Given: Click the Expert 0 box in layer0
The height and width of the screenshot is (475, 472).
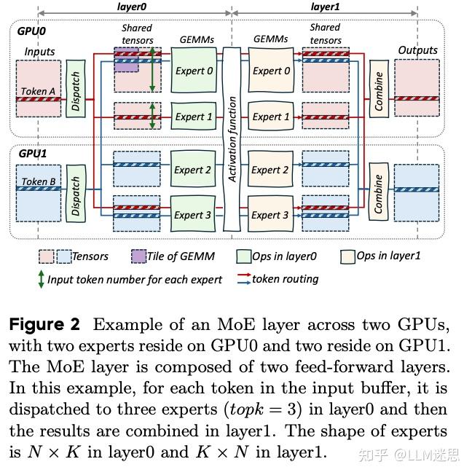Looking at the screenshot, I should click(194, 70).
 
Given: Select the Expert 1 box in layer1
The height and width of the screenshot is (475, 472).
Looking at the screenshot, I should click(271, 116).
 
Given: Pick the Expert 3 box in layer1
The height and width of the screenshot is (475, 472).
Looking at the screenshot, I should click(271, 214).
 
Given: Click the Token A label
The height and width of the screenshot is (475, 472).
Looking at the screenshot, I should click(38, 91).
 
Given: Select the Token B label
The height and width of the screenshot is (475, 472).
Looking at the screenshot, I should click(38, 181).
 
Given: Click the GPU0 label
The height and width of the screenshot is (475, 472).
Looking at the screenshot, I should click(31, 33).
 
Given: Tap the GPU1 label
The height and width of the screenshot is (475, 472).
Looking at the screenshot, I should click(31, 154).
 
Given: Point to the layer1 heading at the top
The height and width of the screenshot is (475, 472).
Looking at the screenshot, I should click(325, 7).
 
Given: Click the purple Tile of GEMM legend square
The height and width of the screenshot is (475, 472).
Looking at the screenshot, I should click(138, 256).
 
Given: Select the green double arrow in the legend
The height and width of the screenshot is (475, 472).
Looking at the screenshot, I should click(41, 279).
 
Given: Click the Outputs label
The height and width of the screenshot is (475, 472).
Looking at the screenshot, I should click(417, 50).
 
